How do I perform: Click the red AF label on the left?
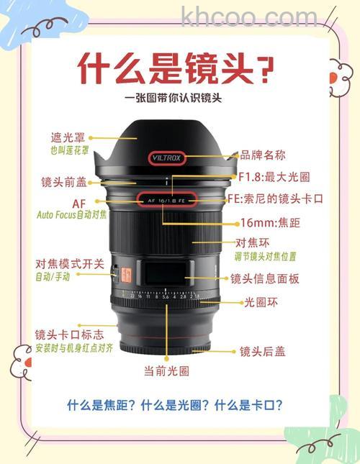tap(78, 203)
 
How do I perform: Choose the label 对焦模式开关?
tap(70, 263)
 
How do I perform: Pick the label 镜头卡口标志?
tap(69, 335)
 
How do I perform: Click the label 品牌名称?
tap(263, 155)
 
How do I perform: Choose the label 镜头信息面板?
tap(264, 279)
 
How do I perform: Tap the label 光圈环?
tap(260, 303)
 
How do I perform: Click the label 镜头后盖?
tap(263, 352)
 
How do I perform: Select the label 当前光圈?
tap(166, 372)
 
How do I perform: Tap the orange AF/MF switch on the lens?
tap(123, 273)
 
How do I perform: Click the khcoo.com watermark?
tap(249, 16)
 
